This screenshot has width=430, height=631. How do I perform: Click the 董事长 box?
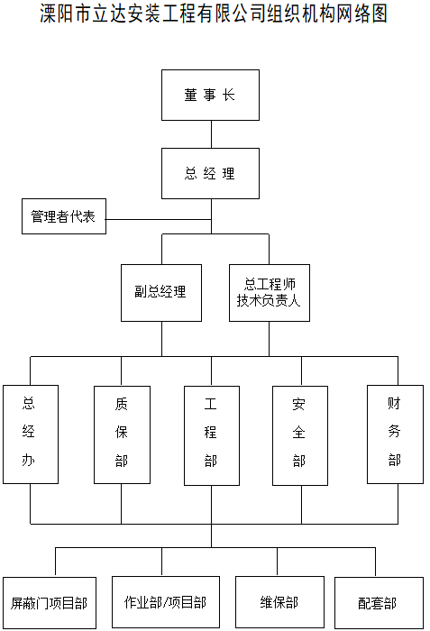tap(210, 95)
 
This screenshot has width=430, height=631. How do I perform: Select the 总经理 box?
tap(210, 173)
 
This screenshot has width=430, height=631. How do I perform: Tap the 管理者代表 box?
tap(64, 216)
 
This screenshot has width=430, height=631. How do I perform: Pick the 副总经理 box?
tap(161, 293)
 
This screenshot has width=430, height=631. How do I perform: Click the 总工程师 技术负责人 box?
tap(270, 293)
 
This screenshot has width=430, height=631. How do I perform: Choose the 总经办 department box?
tap(31, 434)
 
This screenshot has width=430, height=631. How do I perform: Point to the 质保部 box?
tap(122, 434)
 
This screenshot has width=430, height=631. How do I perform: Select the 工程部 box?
tap(212, 435)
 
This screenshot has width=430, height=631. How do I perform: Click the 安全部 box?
tap(300, 435)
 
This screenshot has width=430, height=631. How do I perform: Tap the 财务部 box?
tap(395, 434)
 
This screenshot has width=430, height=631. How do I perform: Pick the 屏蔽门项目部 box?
tap(50, 603)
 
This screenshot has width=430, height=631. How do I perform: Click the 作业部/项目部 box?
tap(166, 602)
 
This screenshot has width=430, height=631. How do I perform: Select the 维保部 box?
tap(279, 602)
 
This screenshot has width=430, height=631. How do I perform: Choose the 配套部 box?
tap(379, 603)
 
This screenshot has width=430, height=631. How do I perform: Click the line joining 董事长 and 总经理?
tap(211, 134)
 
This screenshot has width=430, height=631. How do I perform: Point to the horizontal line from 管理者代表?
tap(159, 219)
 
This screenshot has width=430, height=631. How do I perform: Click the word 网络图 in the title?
tap(361, 14)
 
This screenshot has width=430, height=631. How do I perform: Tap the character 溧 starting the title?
tap(49, 14)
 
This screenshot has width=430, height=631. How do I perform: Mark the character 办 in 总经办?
tap(28, 460)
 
